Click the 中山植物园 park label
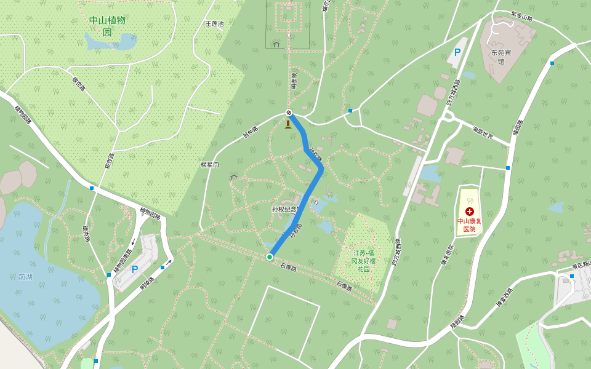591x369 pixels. (x=107, y=26)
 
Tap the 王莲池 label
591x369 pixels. (x=214, y=24)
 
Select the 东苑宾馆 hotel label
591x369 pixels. (x=501, y=57)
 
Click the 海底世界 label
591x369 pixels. (x=483, y=132)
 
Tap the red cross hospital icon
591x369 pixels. (x=470, y=211)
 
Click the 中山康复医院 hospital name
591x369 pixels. (x=469, y=224)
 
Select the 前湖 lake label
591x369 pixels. (x=25, y=277)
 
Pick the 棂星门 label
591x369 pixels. (x=210, y=165)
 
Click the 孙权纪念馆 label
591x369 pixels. (x=285, y=209)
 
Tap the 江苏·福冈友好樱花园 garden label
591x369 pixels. (x=363, y=261)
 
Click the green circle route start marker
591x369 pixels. (x=270, y=256)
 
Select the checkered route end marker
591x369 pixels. (x=288, y=113)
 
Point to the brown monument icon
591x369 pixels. (x=287, y=124)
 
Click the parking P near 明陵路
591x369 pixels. (x=134, y=269)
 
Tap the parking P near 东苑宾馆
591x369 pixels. (x=457, y=53)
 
